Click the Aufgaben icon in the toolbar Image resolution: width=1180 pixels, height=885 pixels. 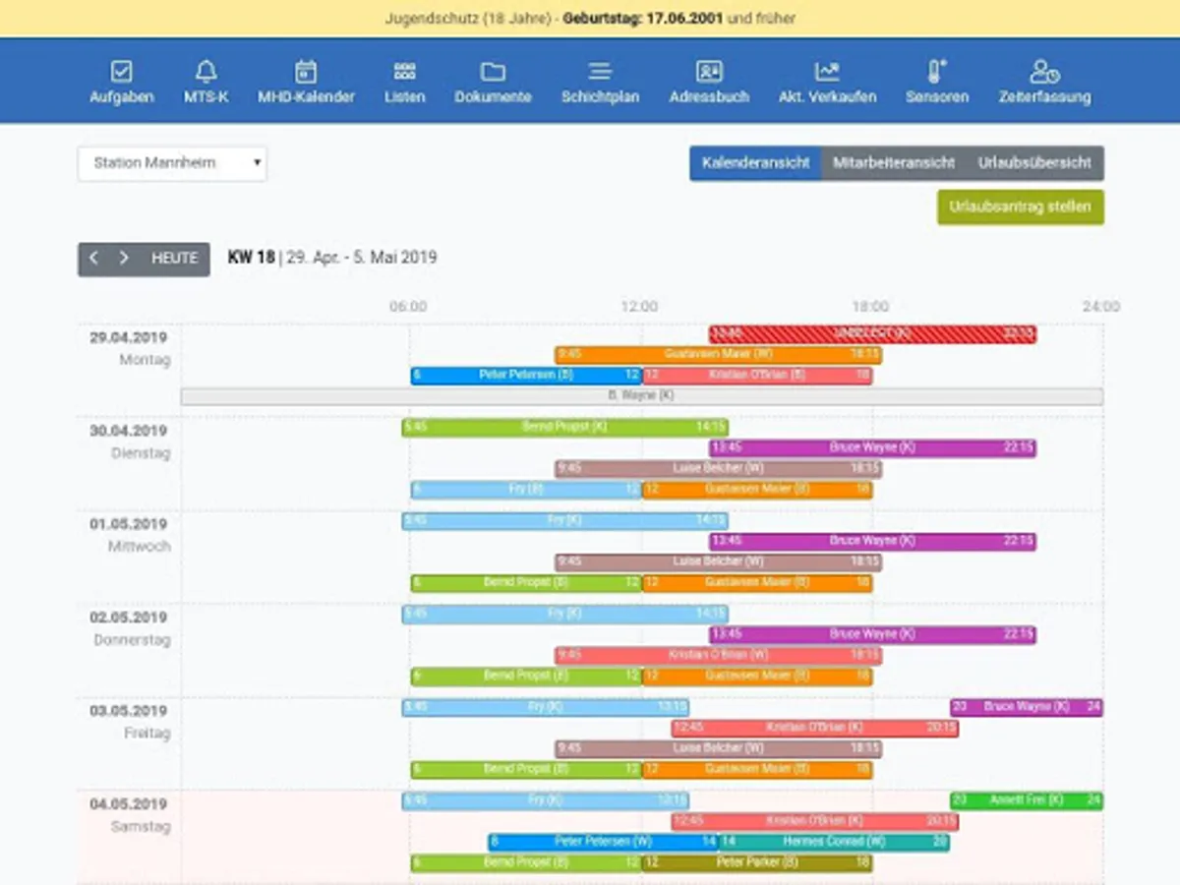121,72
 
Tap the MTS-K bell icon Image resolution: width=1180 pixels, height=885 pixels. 206,72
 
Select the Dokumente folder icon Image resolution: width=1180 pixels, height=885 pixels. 493,72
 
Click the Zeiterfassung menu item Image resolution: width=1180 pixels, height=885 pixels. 1043,83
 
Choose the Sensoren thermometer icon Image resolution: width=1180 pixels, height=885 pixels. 936,72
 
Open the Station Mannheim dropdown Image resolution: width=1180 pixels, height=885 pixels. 172,163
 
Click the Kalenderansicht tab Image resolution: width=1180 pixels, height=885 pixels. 755,163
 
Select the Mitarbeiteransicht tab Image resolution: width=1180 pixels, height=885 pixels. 893,163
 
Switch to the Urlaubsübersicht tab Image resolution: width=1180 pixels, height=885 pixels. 1034,163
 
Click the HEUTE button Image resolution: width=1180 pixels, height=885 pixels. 174,259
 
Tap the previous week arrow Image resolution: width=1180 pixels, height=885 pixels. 94,259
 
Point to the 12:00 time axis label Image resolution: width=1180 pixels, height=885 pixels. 639,307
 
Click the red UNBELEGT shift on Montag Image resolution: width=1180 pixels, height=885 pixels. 872,334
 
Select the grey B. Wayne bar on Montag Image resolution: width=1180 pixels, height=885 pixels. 641,396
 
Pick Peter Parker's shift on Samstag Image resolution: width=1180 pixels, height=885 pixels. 757,862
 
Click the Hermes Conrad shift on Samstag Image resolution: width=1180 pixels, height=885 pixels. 834,842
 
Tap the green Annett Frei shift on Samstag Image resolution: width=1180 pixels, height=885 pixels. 1026,800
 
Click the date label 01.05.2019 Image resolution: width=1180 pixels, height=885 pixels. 128,524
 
